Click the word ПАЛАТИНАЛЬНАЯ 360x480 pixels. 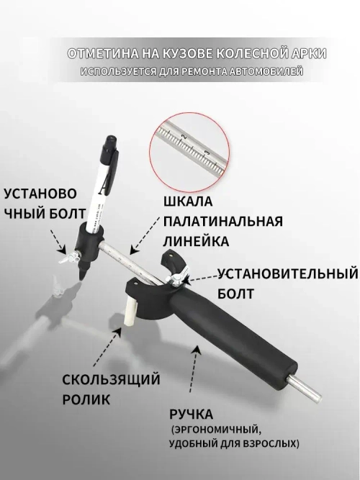pos(223,222)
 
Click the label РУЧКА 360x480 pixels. pos(191,415)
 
